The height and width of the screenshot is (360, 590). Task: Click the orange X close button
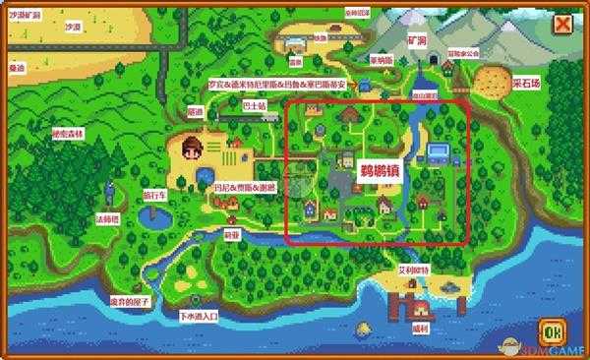tap(563, 24)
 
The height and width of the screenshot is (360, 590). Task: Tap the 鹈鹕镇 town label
tap(351, 170)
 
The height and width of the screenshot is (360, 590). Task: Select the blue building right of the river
tap(439, 151)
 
